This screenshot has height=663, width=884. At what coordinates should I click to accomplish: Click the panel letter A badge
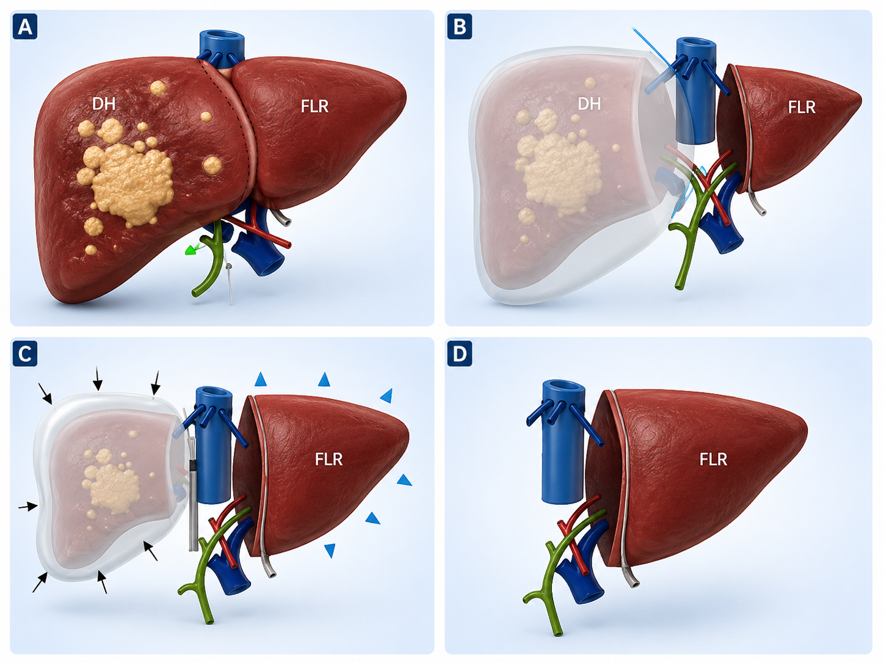tap(25, 27)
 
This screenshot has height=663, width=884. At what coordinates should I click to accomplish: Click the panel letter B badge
tap(460, 27)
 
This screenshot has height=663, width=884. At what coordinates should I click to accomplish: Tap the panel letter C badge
tap(25, 353)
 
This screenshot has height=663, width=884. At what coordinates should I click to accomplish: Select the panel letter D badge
tap(460, 353)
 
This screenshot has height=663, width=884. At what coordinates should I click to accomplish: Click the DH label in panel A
tap(104, 104)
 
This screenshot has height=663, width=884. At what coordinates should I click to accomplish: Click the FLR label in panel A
tap(314, 106)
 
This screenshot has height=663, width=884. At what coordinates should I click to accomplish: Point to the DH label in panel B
tap(589, 104)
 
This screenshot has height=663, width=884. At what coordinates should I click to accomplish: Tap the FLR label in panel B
tap(802, 107)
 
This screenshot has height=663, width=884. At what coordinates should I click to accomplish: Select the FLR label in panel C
tap(328, 459)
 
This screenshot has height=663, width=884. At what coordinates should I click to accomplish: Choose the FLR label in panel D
tap(713, 459)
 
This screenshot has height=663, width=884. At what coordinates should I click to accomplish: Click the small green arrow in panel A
tap(192, 250)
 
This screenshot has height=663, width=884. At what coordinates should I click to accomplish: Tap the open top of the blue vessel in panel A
tap(222, 36)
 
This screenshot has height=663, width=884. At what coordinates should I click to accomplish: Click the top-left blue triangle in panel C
tap(261, 380)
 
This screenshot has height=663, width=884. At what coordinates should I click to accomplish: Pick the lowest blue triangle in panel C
tap(330, 550)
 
